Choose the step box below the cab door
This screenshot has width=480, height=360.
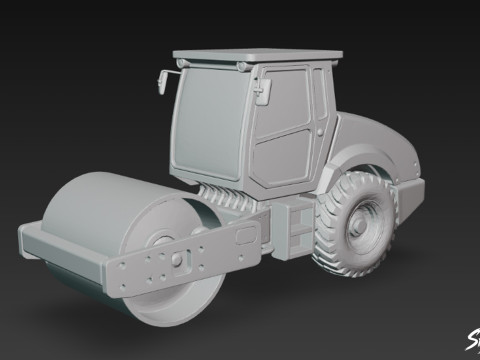298,225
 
